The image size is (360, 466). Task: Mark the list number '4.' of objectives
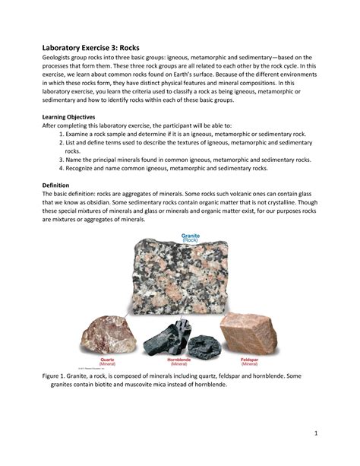(x=62, y=168)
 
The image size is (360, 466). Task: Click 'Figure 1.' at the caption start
(x=58, y=376)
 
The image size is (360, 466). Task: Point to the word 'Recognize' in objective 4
(x=86, y=168)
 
